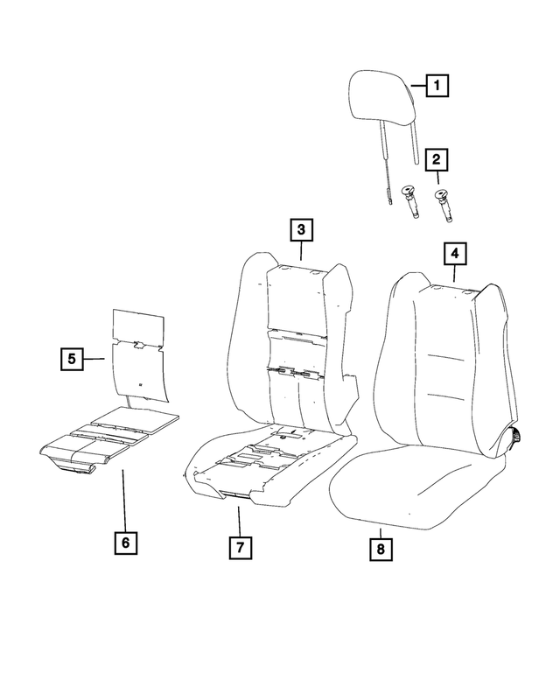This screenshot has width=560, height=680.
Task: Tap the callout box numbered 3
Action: [300, 230]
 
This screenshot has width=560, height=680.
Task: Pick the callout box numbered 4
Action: [454, 255]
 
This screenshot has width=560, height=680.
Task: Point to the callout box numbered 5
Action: [73, 358]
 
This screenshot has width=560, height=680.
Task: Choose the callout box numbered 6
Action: [125, 543]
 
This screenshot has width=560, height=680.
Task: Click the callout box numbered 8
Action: [381, 549]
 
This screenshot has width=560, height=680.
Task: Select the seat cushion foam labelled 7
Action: [271, 464]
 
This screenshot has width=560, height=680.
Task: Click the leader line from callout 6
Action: [124, 499]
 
